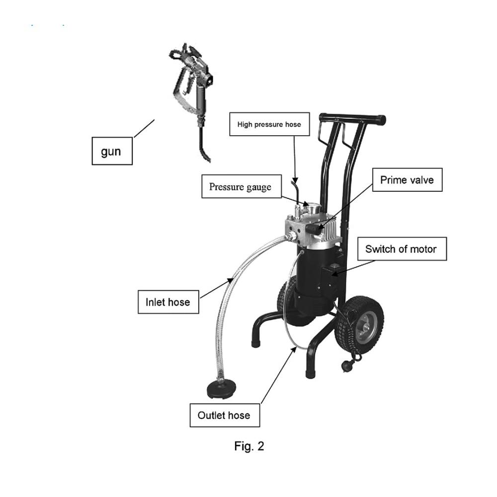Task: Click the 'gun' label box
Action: [x=112, y=151]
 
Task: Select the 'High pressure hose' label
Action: [x=269, y=124]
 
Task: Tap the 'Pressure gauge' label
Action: [x=242, y=186]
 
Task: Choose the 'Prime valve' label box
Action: [x=408, y=180]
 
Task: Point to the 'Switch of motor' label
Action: [x=402, y=249]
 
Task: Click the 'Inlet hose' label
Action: [x=168, y=302]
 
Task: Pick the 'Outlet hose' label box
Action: [x=225, y=415]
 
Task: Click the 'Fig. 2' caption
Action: [x=249, y=446]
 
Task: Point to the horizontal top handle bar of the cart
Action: [x=352, y=118]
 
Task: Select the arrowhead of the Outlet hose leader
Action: [x=294, y=349]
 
